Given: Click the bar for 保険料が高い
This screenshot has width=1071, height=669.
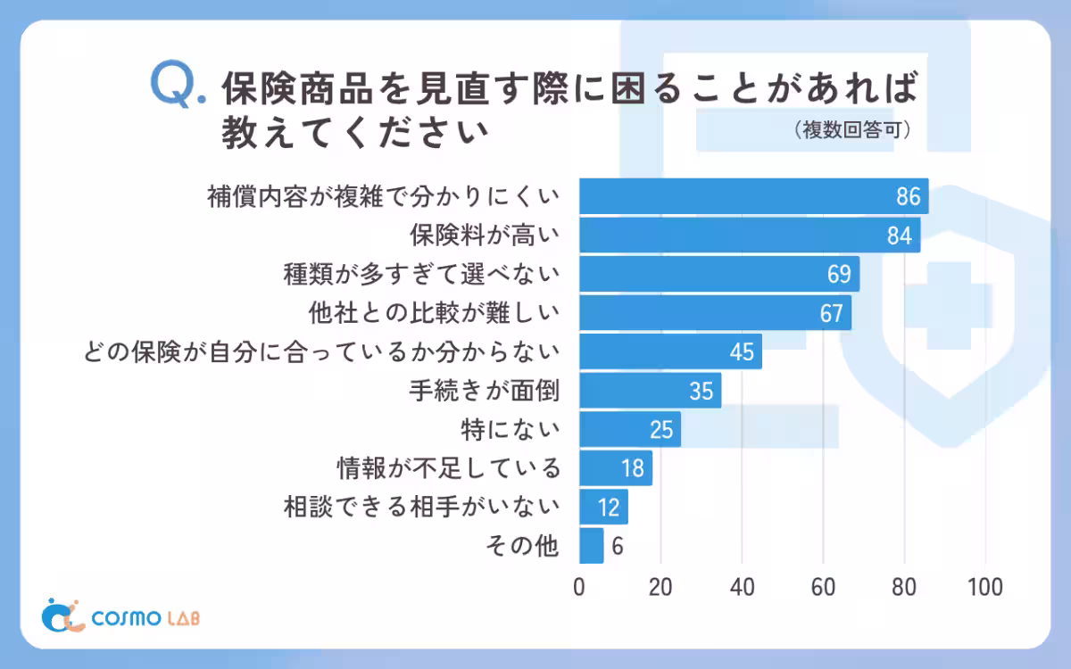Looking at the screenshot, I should coord(750,235).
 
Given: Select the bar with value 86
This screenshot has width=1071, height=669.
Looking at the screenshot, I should coord(753,196).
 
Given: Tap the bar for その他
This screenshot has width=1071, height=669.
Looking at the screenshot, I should coord(591,545).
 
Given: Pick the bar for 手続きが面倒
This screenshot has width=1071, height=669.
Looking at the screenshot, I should coord(650,390).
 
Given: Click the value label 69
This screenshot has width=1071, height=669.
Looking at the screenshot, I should coord(838,275).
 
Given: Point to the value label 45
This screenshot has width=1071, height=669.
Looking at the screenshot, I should coord(742,352).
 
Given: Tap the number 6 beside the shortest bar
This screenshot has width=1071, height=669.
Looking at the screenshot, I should coord(617,546).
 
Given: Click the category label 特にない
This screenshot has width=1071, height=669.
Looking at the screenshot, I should coord(511,429).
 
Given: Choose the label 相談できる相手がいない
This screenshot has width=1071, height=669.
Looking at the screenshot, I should coord(421,507).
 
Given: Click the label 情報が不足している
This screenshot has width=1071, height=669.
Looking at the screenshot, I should coord(449,467).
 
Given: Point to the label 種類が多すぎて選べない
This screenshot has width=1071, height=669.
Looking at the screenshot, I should coord(421,274).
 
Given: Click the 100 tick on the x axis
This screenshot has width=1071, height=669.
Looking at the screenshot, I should coord(985,588).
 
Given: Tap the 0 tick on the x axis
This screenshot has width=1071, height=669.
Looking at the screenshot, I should coord(579,588).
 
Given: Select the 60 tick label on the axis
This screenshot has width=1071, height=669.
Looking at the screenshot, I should coord(823,588).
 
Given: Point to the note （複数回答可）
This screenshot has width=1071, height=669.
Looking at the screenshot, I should coord(851,130).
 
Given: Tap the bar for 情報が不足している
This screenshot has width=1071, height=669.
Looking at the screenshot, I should coord(616,467).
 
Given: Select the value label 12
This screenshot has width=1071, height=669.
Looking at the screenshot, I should coord(609,508).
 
